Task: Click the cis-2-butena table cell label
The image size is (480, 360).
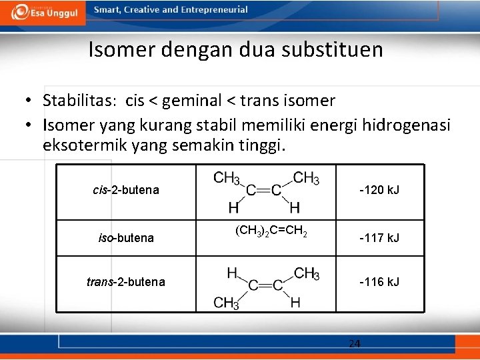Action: pos(126,190)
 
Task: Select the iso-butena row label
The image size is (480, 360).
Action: pos(126,238)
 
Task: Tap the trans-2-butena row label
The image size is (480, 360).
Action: pos(126,282)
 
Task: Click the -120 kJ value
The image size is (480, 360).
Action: pos(379,190)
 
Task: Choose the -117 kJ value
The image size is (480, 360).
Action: pos(379,238)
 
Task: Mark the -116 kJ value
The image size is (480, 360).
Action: pos(379,282)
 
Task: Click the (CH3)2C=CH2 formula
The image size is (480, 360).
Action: pos(271,232)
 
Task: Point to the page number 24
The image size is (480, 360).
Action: pos(355,344)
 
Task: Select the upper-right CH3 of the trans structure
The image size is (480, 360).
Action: pos(306,273)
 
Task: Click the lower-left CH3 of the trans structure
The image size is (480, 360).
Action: pos(227,303)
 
